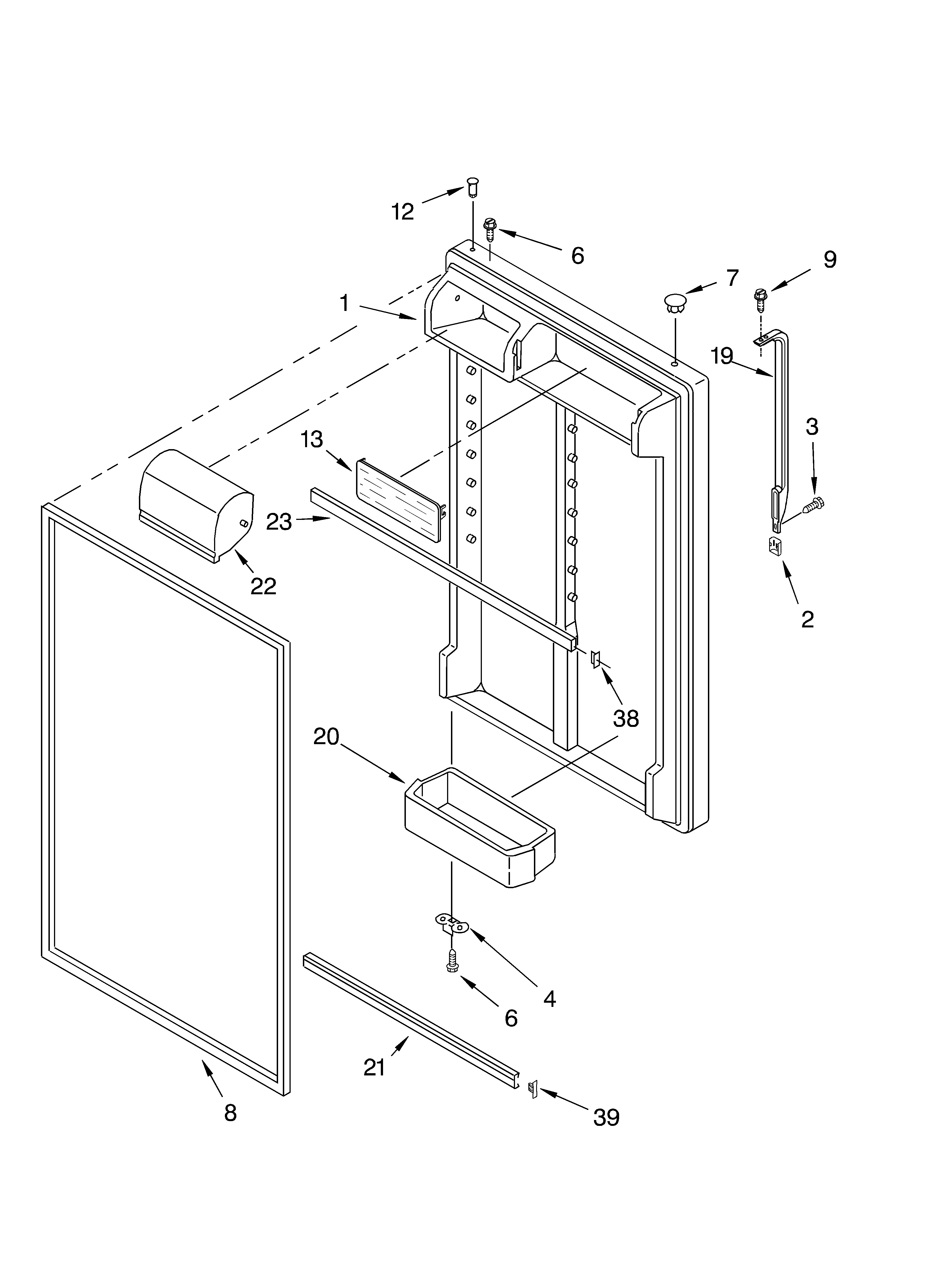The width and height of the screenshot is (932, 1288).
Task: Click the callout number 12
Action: pos(403,212)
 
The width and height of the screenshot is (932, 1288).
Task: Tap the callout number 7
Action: pos(732,278)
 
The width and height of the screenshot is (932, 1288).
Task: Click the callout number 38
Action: pos(626,719)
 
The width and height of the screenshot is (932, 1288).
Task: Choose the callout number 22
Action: pos(263,586)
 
